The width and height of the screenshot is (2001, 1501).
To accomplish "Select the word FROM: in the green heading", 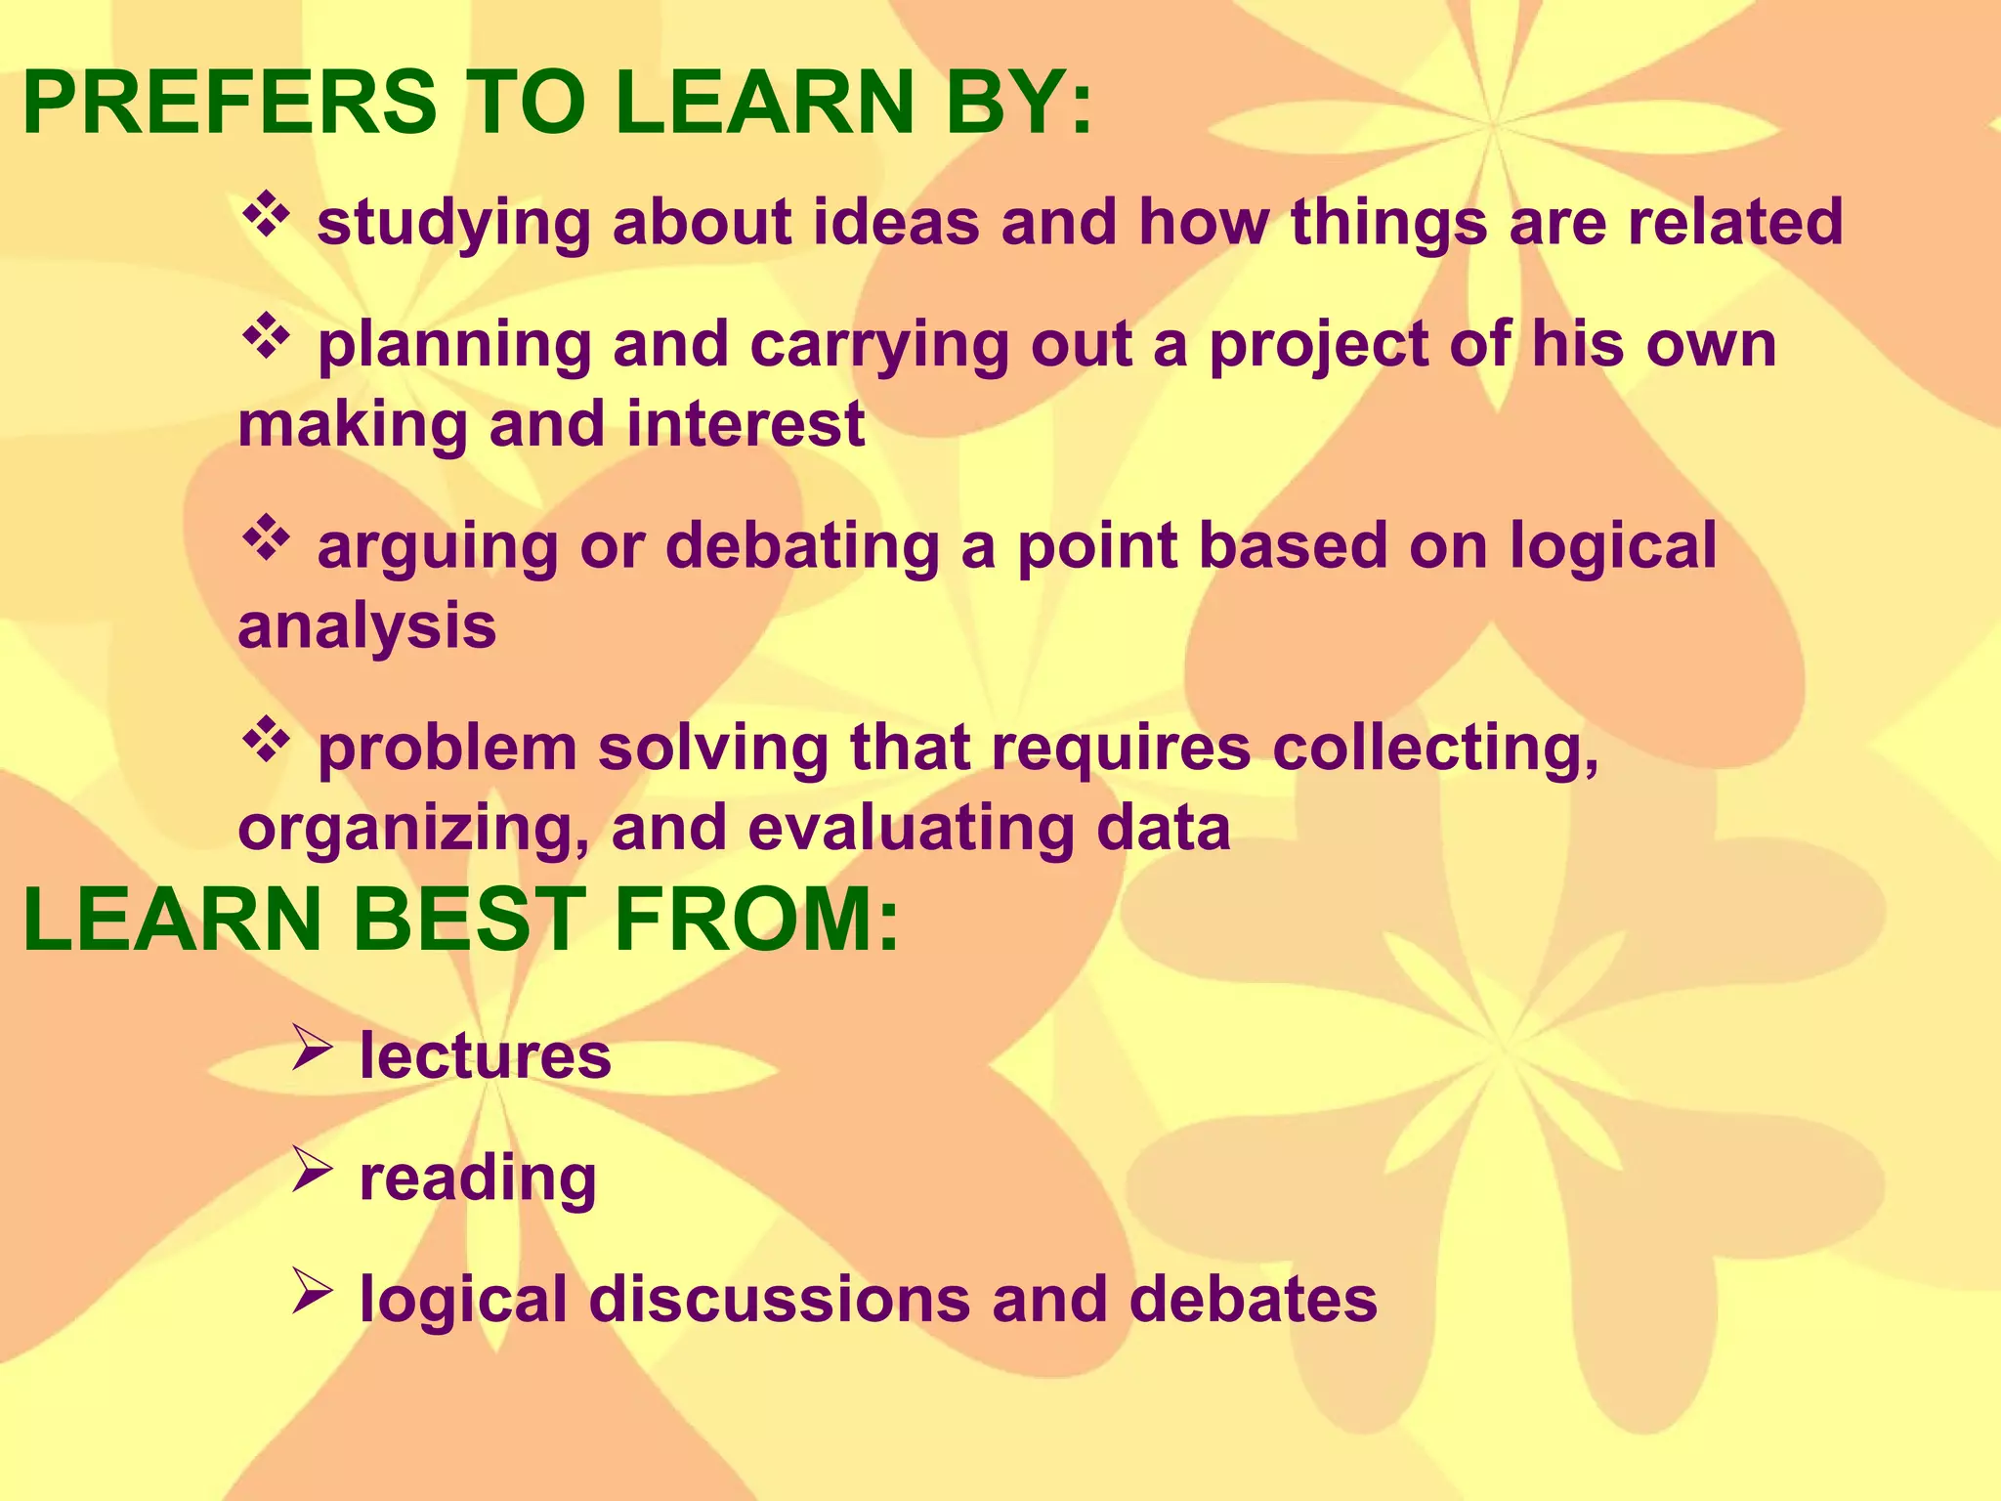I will [x=756, y=920].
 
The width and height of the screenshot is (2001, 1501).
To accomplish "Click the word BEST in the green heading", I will [x=467, y=920].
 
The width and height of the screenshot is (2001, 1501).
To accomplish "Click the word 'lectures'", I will [x=485, y=1056].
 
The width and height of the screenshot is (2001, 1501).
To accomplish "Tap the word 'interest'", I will [x=745, y=425].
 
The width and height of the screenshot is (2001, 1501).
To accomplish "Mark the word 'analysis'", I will [x=367, y=626].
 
